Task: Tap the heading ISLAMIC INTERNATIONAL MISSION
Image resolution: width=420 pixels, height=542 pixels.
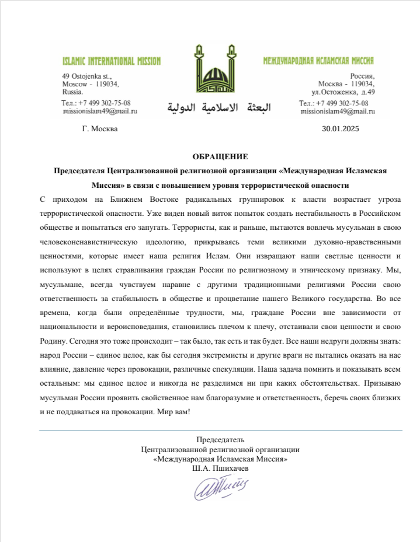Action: pos(112,61)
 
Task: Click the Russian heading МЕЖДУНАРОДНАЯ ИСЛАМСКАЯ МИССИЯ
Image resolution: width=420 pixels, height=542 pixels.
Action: pos(318,61)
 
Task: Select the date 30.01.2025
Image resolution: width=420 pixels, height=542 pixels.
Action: pos(341,129)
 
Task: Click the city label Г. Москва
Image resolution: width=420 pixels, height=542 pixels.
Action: pos(100,129)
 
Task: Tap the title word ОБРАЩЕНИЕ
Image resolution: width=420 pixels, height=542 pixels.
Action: pos(220,156)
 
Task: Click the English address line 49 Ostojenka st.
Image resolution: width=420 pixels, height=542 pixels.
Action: pos(86,76)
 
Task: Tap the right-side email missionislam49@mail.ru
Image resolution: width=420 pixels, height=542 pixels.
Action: pos(337,110)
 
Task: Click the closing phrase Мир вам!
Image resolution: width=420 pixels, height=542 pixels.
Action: pos(174,411)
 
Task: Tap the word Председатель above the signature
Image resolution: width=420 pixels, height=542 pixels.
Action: pos(220,440)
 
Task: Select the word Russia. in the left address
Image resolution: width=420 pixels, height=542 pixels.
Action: pos(73,92)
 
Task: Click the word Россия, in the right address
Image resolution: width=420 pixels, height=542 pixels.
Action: pos(362,76)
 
